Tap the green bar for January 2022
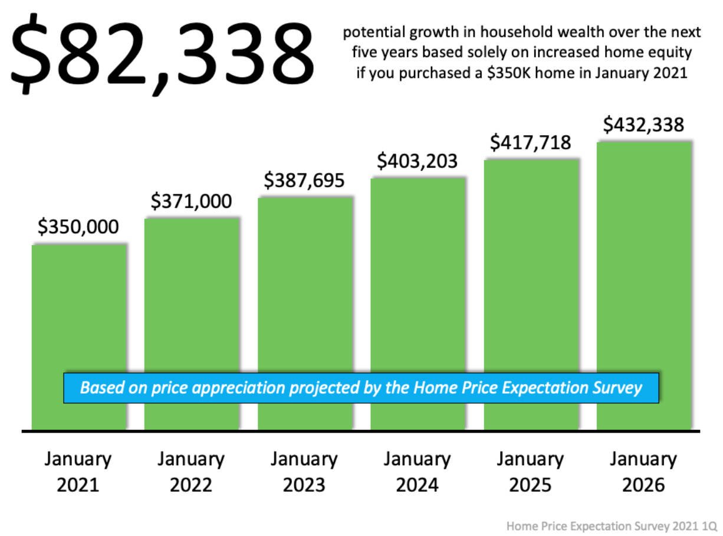(x=192, y=295)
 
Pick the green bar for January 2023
(x=305, y=283)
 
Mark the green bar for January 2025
(x=531, y=266)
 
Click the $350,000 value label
(x=78, y=227)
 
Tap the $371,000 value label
(x=191, y=201)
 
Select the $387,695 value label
(x=304, y=181)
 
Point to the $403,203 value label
(x=418, y=161)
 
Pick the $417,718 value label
(x=531, y=143)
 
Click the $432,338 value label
(x=643, y=125)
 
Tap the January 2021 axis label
(x=78, y=472)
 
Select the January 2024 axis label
(x=418, y=472)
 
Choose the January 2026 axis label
(x=643, y=472)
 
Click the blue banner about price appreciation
(x=361, y=388)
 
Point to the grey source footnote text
(x=612, y=524)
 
